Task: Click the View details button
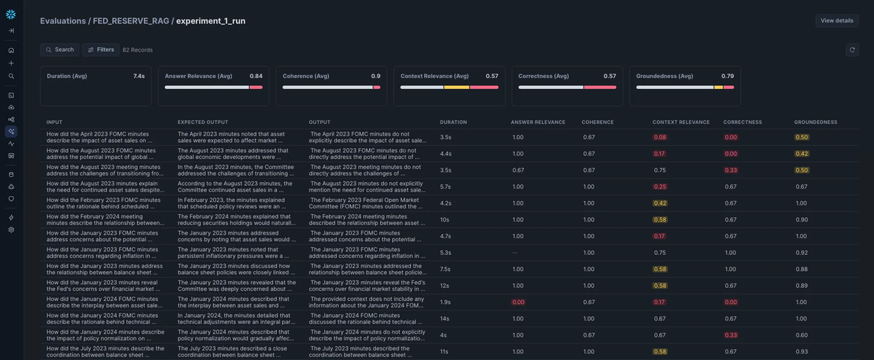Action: coord(837,20)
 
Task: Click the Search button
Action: coord(60,50)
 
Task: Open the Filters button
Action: coord(101,50)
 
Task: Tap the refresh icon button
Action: coord(852,50)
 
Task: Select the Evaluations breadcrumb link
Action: coord(63,21)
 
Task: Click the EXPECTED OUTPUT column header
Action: coord(202,122)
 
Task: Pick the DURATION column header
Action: coord(453,122)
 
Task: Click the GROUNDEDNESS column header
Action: coord(816,122)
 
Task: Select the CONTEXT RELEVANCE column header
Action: coord(681,122)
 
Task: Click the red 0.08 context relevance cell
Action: coord(660,137)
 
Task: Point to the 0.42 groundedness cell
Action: coord(802,154)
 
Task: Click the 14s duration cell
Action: coord(445,318)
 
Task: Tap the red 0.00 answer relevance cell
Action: coord(518,302)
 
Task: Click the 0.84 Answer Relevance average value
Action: coord(256,76)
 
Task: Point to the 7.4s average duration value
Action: coord(138,76)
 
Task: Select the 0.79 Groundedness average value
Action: coord(727,76)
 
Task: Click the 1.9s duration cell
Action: coord(446,302)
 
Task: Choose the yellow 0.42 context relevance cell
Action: coord(660,203)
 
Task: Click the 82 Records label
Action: coord(138,50)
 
